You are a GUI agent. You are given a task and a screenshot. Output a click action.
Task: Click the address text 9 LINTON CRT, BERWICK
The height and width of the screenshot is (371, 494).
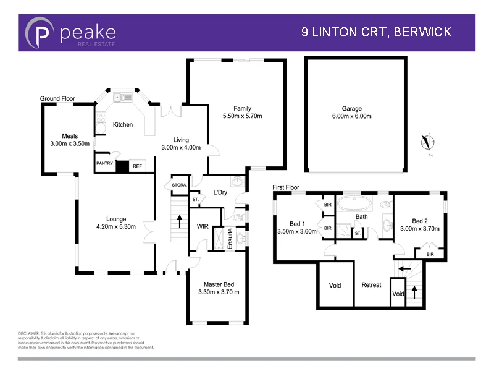click(x=376, y=32)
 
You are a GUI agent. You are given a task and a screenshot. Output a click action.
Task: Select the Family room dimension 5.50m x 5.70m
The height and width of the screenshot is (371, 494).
click(x=242, y=116)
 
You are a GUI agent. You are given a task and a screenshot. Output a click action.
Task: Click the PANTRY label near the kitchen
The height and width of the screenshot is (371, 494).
click(x=104, y=164)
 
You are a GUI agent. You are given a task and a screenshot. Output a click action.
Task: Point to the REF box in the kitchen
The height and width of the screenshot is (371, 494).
click(x=137, y=166)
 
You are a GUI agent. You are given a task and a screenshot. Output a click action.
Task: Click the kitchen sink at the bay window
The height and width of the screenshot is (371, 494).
click(x=124, y=97)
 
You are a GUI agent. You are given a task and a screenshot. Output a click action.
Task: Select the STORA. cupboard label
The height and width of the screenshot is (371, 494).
click(x=178, y=185)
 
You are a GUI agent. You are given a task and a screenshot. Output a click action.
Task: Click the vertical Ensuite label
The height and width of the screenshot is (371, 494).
click(x=230, y=239)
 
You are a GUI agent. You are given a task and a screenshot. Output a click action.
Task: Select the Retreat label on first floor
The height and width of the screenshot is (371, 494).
click(x=371, y=285)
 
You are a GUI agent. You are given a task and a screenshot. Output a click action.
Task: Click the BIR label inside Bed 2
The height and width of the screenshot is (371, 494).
click(x=430, y=253)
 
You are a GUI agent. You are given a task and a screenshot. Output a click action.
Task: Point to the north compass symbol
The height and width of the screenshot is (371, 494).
click(x=425, y=142)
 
